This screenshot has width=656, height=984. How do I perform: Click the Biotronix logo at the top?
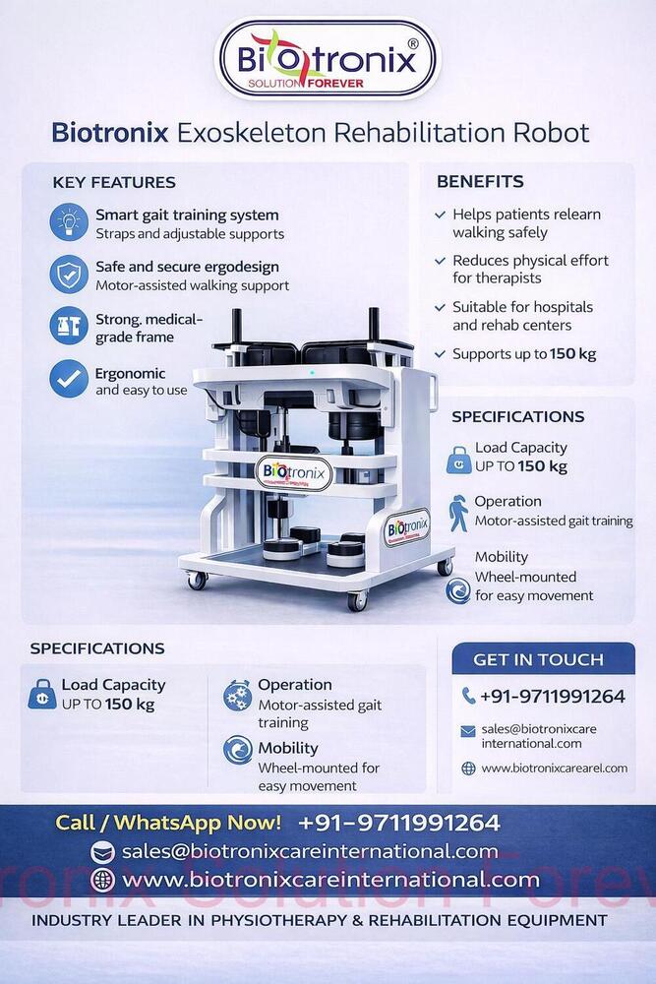click(327, 59)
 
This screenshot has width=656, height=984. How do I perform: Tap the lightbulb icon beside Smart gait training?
click(69, 223)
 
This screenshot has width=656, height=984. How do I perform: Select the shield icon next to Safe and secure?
click(69, 276)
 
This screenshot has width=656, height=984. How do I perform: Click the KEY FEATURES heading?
click(114, 182)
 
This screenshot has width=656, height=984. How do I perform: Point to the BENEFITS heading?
click(480, 181)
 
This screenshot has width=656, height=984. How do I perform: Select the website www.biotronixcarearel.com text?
click(554, 769)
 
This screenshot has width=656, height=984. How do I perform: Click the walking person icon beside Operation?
click(458, 513)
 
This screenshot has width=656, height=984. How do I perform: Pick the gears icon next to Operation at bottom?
click(237, 695)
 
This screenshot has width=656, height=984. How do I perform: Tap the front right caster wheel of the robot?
click(357, 599)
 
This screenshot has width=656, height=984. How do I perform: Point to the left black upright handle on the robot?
click(236, 331)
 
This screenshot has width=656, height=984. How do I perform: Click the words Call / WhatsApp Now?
click(168, 823)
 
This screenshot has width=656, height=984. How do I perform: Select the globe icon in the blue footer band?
click(102, 880)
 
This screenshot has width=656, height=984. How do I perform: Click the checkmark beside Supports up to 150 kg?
click(439, 354)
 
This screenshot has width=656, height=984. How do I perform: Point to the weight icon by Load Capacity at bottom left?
click(41, 695)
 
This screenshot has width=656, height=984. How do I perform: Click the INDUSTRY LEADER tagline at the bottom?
click(320, 921)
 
